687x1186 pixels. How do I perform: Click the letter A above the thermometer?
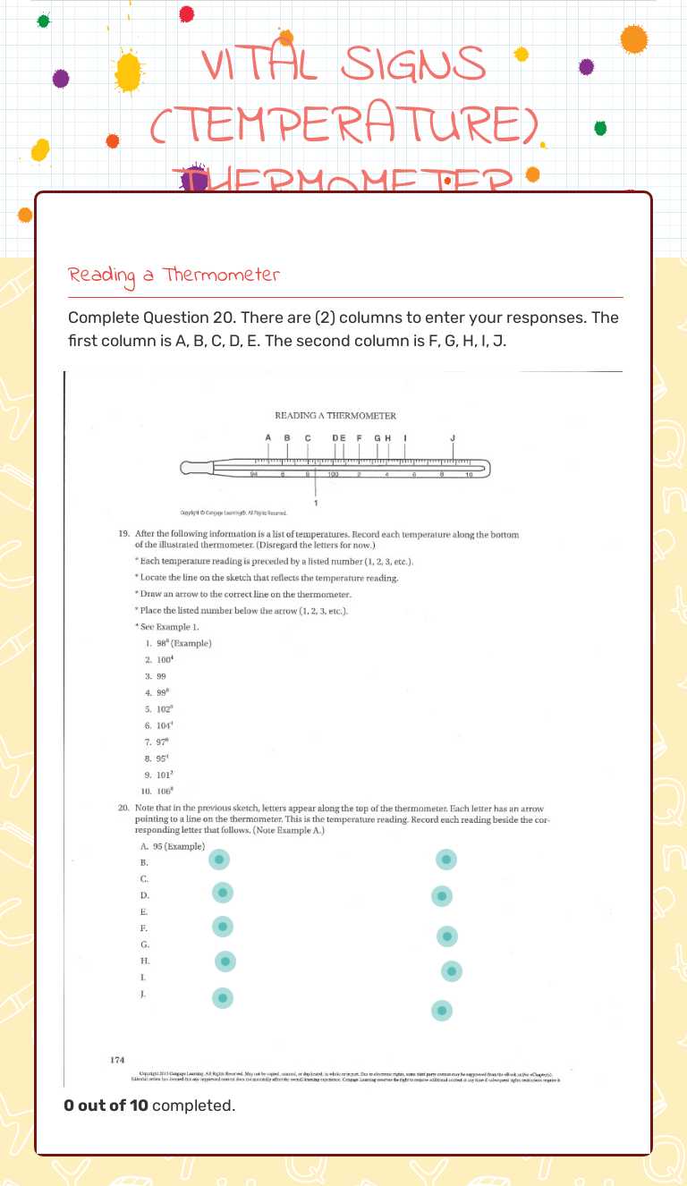(267, 437)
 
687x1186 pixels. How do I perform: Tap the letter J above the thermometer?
(453, 437)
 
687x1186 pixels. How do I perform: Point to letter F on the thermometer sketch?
(360, 437)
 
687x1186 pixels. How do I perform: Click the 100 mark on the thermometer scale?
(333, 474)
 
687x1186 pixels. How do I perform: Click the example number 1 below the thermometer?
(316, 504)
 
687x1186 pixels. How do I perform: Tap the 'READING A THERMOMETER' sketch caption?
(335, 415)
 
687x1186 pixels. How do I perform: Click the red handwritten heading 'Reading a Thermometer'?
(174, 275)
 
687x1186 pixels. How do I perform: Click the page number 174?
(117, 1060)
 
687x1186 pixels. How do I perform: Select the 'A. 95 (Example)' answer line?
(173, 846)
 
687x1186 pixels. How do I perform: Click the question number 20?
(124, 808)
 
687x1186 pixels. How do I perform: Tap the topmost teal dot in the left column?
(219, 860)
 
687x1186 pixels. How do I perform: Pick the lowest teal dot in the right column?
(442, 1010)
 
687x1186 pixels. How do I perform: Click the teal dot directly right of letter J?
(223, 996)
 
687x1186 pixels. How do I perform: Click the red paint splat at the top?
(186, 13)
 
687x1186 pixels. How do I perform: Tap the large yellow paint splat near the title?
(129, 71)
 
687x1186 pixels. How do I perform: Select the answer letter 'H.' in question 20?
(145, 961)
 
